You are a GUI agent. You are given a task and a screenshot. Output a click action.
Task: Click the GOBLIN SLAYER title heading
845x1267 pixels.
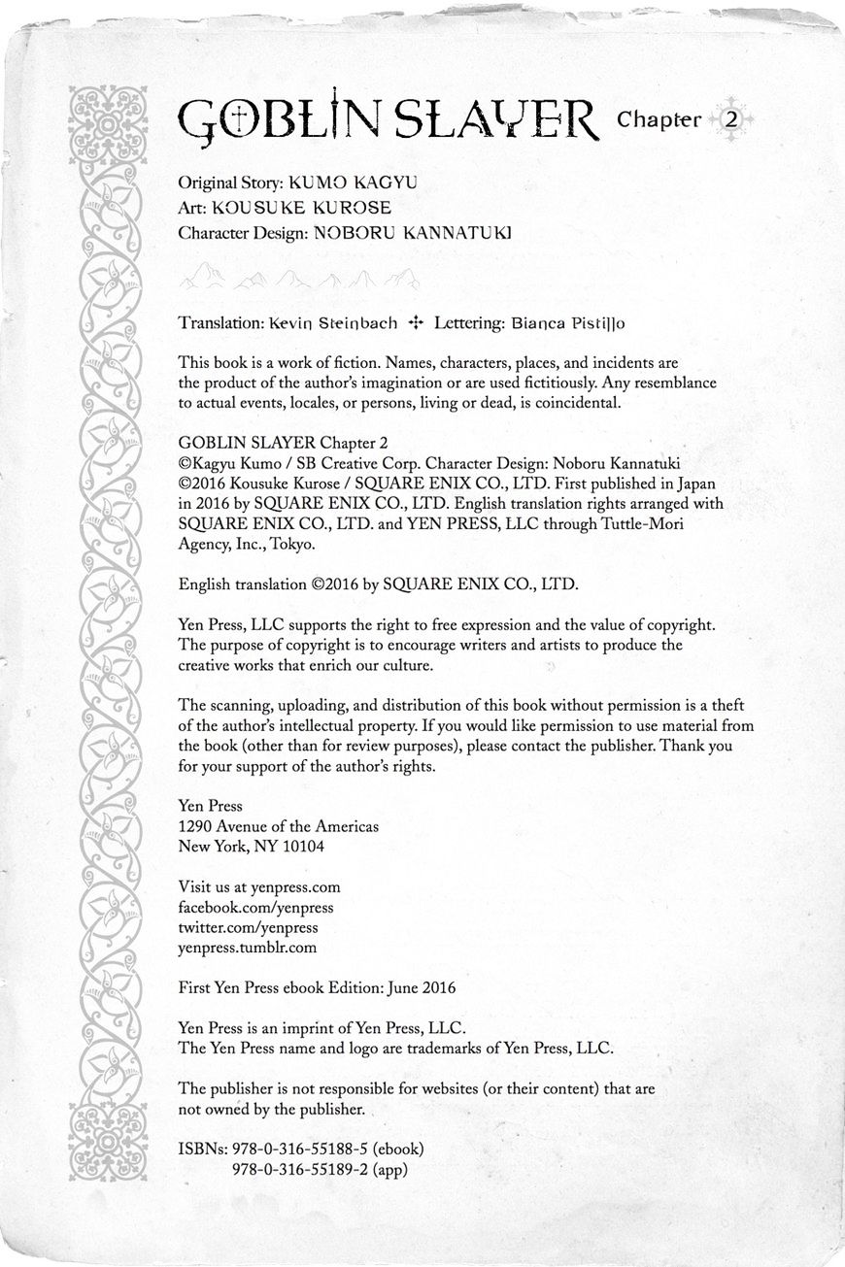[x=389, y=120]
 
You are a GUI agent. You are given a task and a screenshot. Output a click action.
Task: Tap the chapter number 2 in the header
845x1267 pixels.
[x=731, y=120]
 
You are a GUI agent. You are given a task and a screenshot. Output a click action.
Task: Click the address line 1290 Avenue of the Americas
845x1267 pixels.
[x=279, y=826]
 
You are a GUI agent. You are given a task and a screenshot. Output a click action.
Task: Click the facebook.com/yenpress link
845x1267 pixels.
[x=256, y=907]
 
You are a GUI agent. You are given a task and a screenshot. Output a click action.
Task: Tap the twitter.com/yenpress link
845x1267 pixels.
[x=249, y=927]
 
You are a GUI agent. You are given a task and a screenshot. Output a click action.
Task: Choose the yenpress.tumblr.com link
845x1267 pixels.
[x=248, y=948]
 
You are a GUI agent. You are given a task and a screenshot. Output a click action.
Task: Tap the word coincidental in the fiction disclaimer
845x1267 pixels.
[x=571, y=403]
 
